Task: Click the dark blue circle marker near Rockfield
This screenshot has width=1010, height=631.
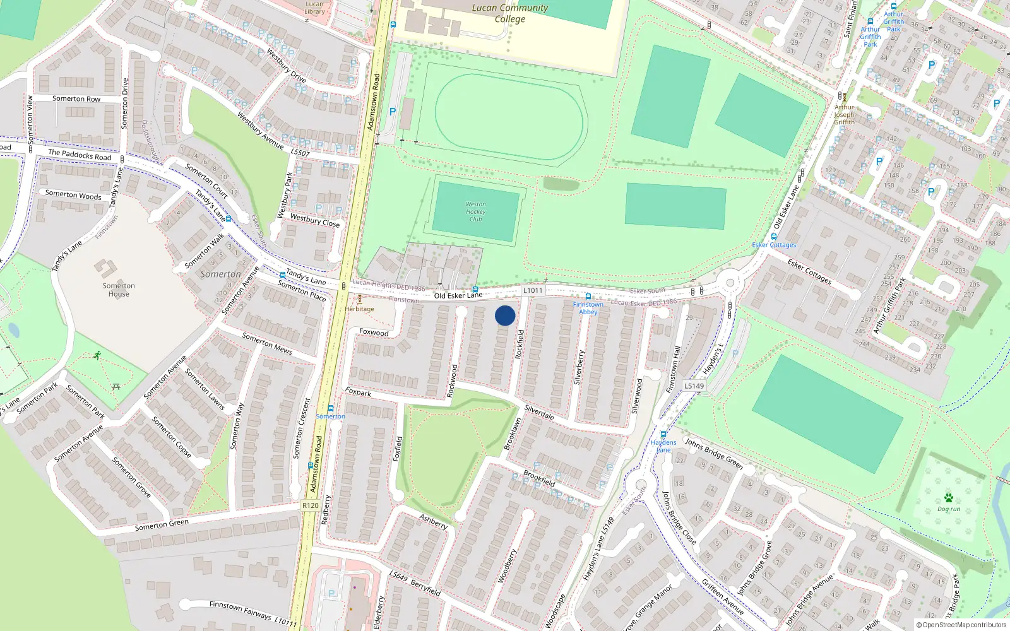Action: [505, 315]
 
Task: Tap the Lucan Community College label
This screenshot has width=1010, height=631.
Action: [510, 13]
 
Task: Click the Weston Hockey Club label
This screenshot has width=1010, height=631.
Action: [475, 211]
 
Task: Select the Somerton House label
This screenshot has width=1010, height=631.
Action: [119, 290]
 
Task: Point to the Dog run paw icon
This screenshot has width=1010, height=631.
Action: [948, 498]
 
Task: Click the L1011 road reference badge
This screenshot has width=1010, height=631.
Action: [533, 290]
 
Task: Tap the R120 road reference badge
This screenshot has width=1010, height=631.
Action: [310, 505]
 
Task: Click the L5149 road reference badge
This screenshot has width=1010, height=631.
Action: [694, 386]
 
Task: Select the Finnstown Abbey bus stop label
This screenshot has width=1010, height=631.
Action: [588, 308]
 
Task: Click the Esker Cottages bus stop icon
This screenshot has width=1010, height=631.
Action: [774, 237]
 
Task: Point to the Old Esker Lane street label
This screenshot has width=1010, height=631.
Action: [458, 295]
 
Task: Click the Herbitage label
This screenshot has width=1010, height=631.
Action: [360, 309]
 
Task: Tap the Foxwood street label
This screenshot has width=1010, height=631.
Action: [374, 332]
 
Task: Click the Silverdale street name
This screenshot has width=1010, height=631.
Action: [539, 412]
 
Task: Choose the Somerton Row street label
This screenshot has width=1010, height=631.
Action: [76, 99]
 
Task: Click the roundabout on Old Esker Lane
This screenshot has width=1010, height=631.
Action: [730, 282]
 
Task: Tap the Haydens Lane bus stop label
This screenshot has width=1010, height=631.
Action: [663, 446]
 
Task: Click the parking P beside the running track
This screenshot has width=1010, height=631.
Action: [393, 112]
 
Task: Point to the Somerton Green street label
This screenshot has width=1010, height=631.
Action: [162, 525]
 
